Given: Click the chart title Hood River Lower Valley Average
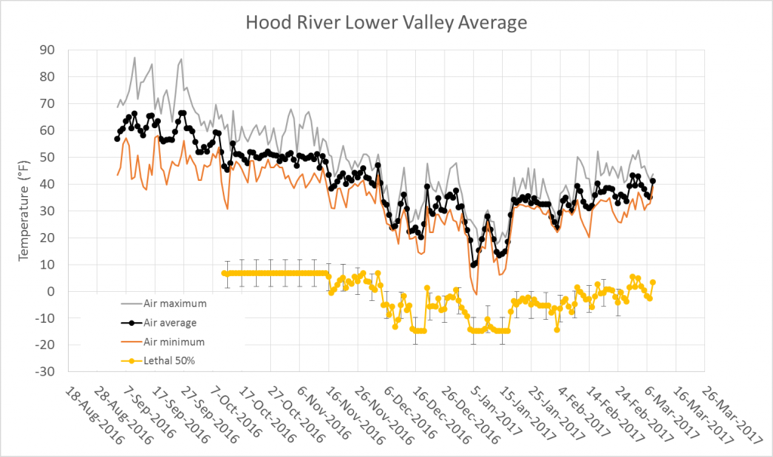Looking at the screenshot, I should [x=386, y=23].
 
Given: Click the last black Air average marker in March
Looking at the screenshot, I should [x=653, y=181].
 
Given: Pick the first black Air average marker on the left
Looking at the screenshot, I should [x=117, y=139].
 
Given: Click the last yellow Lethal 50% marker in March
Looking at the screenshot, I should [x=653, y=282].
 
